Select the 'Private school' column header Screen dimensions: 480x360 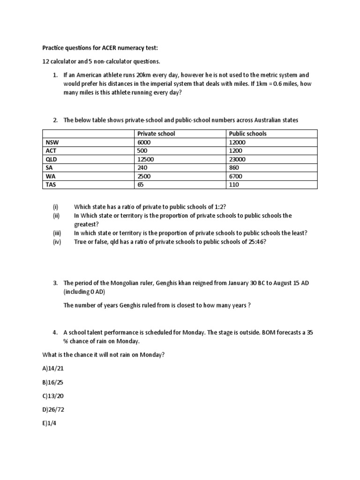point(156,134)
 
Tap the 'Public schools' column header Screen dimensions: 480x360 point(247,134)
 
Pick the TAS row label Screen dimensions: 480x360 point(51,185)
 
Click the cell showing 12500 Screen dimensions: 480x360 point(146,159)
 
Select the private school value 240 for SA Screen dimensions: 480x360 point(142,167)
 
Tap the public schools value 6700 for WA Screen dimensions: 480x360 point(236,176)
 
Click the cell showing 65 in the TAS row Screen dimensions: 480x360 point(141,185)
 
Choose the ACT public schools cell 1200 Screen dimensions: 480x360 point(236,150)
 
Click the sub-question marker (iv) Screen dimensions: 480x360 point(57,242)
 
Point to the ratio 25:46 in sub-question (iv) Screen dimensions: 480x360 point(255,242)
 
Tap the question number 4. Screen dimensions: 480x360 point(55,332)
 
